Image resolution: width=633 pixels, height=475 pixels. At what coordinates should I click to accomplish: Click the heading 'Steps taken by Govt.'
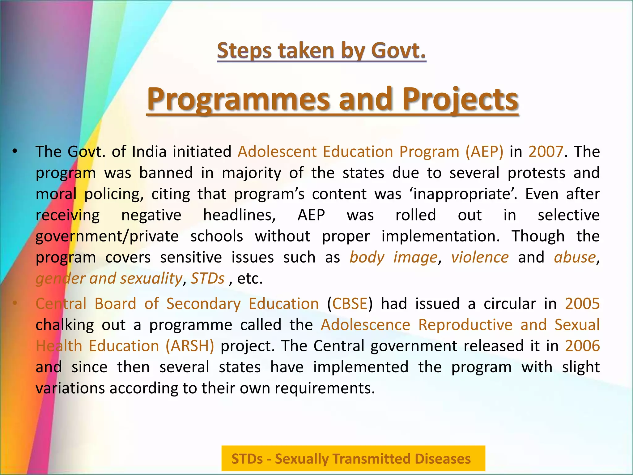point(321,51)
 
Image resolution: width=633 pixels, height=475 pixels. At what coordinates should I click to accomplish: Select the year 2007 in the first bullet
point(546,152)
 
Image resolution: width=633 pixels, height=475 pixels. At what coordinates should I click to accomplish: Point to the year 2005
point(582,304)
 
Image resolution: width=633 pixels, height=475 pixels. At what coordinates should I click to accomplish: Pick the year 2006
point(582,346)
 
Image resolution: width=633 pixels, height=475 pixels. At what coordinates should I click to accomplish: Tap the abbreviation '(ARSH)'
point(190,346)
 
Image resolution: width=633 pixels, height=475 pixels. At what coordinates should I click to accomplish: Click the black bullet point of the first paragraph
point(14,152)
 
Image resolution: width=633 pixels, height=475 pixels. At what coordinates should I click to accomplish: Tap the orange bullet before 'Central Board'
point(14,303)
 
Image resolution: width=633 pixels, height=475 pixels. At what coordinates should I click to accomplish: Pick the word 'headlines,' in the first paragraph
point(240,215)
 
